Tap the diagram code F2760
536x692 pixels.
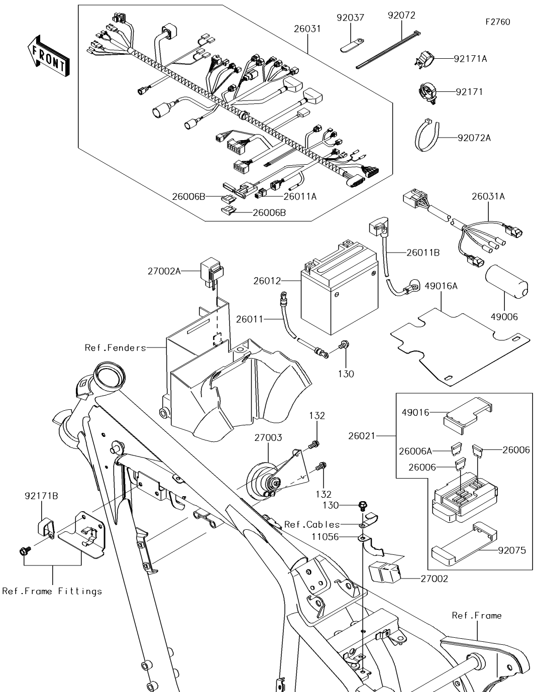click(497, 22)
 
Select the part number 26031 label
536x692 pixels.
click(307, 29)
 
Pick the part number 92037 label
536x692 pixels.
click(351, 18)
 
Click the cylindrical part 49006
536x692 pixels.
click(506, 285)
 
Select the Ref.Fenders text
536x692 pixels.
click(116, 348)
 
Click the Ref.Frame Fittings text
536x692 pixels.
click(52, 591)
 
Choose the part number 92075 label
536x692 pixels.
click(512, 550)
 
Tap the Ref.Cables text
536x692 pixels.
click(312, 525)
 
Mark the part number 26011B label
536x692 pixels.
click(423, 253)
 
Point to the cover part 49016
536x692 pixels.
click(467, 414)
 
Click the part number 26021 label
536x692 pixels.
click(362, 436)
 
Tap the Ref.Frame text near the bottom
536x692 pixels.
click(476, 615)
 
